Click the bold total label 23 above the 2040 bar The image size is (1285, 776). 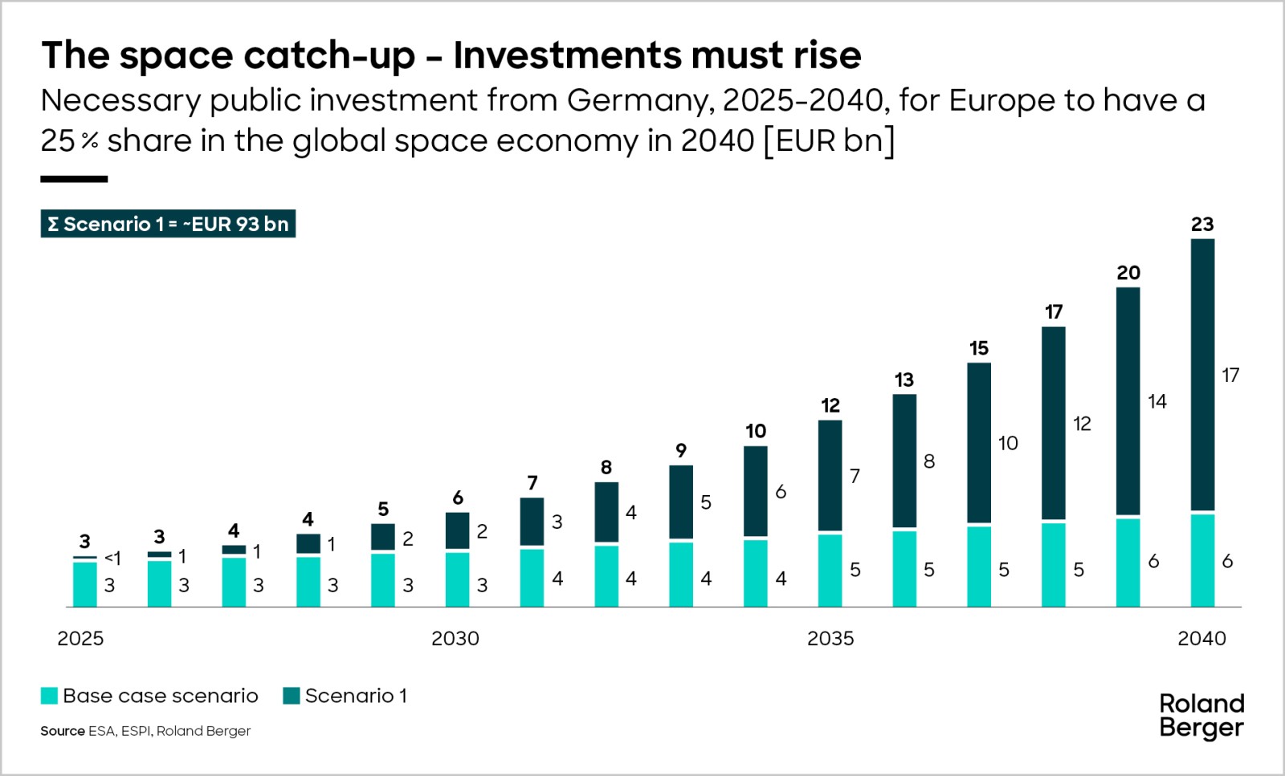tap(1201, 225)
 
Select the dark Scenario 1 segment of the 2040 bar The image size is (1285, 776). tap(1202, 374)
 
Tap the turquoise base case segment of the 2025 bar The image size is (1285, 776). tap(85, 584)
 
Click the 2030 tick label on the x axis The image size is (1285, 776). tap(455, 639)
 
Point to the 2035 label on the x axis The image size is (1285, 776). tap(830, 639)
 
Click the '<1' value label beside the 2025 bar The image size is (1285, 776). tap(112, 558)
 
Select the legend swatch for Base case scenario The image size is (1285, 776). tap(49, 696)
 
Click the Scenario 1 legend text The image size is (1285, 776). tap(356, 696)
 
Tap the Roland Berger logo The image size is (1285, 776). tap(1201, 716)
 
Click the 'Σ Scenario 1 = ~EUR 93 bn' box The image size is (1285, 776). tap(168, 224)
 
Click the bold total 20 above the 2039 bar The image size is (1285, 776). tap(1128, 273)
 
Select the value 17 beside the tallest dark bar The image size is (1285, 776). tap(1230, 375)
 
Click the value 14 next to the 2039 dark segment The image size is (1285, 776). tap(1156, 401)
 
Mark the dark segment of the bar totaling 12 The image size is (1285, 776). tap(830, 475)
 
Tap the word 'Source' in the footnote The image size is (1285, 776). tap(62, 731)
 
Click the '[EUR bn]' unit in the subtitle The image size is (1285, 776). tap(829, 141)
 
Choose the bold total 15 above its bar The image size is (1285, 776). tap(978, 348)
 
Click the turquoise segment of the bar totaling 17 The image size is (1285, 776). tap(1053, 564)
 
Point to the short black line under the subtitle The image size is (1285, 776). tap(74, 179)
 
